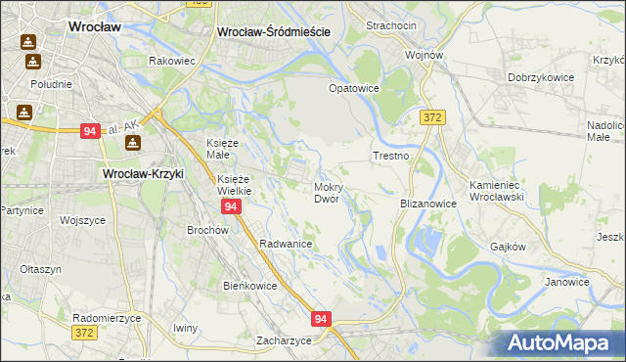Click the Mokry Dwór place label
[327, 192]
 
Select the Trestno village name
[390, 156]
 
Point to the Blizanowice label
[428, 204]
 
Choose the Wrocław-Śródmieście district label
[273, 31]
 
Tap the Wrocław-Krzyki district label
[144, 173]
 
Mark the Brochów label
[207, 230]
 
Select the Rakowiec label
[173, 61]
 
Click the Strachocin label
[390, 24]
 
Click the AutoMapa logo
[562, 342]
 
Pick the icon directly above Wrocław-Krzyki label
[133, 144]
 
